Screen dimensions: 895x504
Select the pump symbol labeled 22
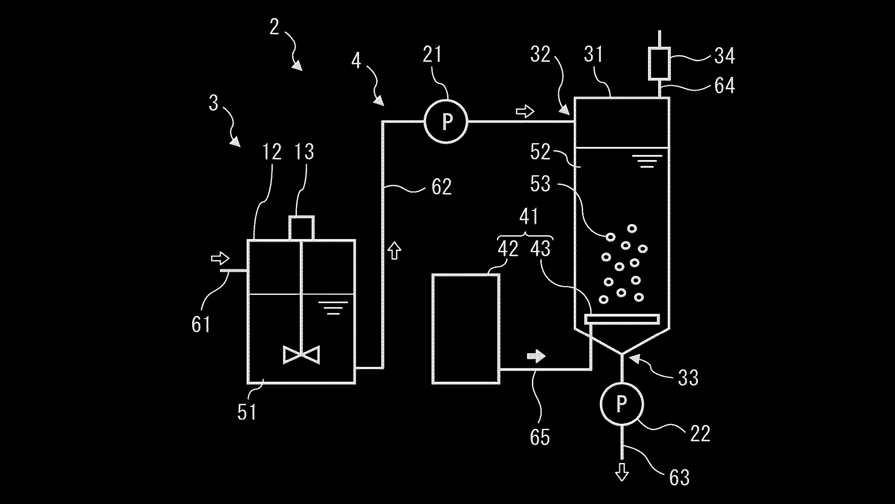coord(621,404)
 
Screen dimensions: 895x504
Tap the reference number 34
coord(724,56)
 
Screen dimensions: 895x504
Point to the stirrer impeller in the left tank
coord(302,355)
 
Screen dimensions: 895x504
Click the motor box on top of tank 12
coord(302,228)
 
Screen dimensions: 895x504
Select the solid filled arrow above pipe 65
coord(536,357)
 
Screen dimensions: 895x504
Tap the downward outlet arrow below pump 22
coord(621,472)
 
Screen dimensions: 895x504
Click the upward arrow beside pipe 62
coord(395,250)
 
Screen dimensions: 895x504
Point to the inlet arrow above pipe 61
coord(220,258)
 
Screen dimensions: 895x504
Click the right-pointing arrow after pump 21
coord(525,112)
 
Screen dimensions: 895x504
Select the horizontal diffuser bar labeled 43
coord(622,319)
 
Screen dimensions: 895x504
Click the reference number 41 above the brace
coord(529,217)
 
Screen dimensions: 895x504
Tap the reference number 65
coord(540,437)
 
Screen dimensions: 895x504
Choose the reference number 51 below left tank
coord(247,412)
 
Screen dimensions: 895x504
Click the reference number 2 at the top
coord(274,27)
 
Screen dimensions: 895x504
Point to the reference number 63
coord(679,477)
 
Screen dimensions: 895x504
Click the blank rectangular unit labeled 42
coord(466,329)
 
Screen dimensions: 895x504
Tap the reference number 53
coord(540,184)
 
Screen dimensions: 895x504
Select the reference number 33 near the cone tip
coord(688,378)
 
